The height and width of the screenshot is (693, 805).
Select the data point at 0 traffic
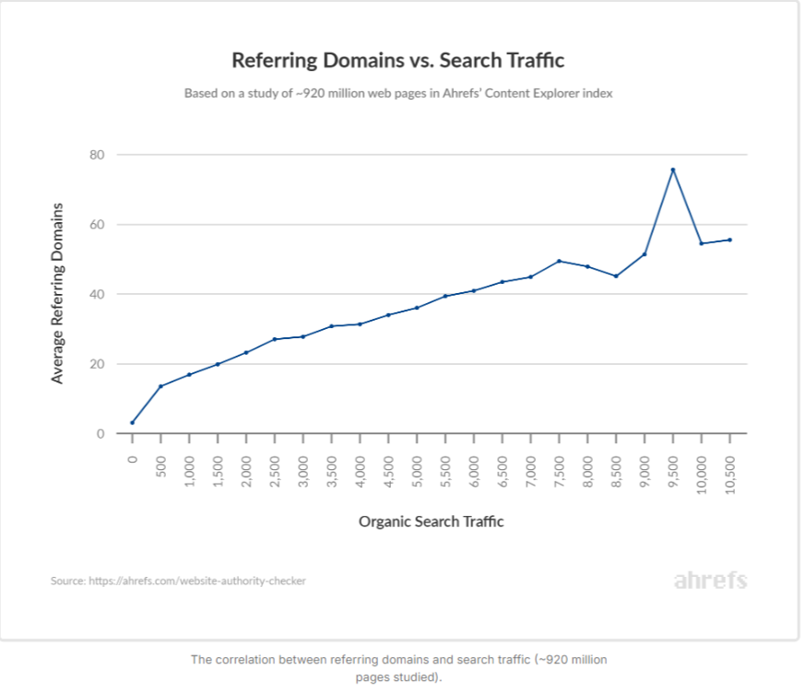point(132,422)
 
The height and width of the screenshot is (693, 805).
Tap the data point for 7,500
point(560,261)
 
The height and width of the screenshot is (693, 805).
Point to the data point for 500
point(160,386)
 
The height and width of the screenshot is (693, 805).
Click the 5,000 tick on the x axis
point(417,470)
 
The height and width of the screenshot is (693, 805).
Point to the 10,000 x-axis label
point(702,473)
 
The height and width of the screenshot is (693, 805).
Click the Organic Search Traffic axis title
point(431,522)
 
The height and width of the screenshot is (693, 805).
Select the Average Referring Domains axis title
point(58,292)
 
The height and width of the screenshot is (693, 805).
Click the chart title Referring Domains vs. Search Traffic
point(397,61)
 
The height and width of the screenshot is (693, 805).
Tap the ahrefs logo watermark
point(710,581)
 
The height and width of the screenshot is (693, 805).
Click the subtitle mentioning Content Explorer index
point(397,93)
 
